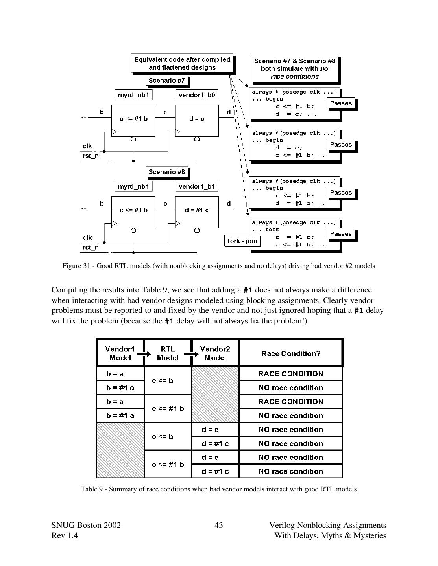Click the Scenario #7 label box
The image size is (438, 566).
(x=167, y=81)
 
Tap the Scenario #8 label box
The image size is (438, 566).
(x=167, y=172)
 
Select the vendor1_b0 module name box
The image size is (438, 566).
(x=196, y=95)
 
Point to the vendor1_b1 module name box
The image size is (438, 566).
(x=197, y=186)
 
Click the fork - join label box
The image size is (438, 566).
(x=242, y=241)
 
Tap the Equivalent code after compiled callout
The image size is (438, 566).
(x=182, y=63)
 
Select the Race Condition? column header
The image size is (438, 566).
(x=291, y=353)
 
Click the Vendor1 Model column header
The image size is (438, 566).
(x=120, y=353)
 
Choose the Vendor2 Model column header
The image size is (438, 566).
(x=215, y=353)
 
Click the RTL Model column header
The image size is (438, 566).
(x=168, y=353)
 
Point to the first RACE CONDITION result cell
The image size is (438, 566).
(x=291, y=374)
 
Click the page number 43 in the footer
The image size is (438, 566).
(x=219, y=526)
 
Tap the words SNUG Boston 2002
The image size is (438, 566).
(x=86, y=526)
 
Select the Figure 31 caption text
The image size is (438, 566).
(x=218, y=266)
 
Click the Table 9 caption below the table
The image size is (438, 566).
(x=218, y=489)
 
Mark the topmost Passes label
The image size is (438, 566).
(x=341, y=103)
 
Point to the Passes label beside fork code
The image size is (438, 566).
(x=341, y=234)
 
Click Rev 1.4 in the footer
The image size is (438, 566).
(x=65, y=536)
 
